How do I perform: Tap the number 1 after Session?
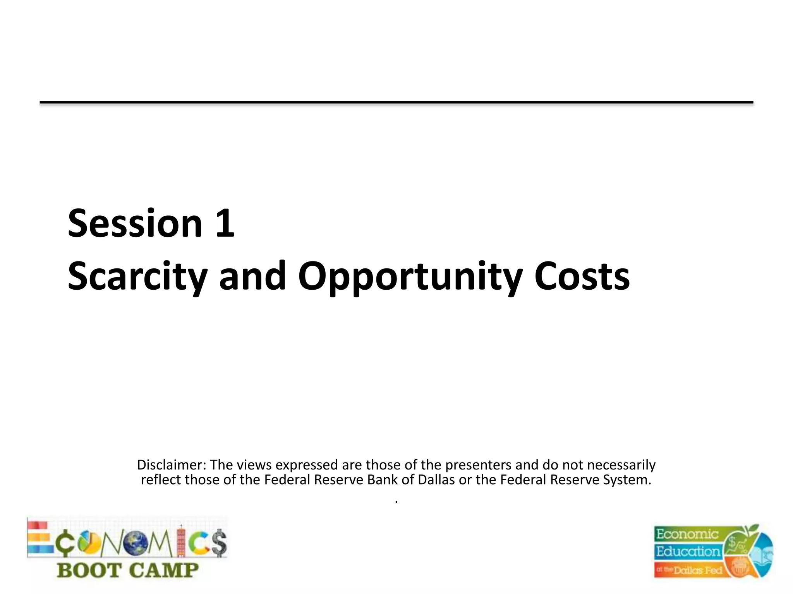(x=225, y=223)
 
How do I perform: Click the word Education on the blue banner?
(x=688, y=551)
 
